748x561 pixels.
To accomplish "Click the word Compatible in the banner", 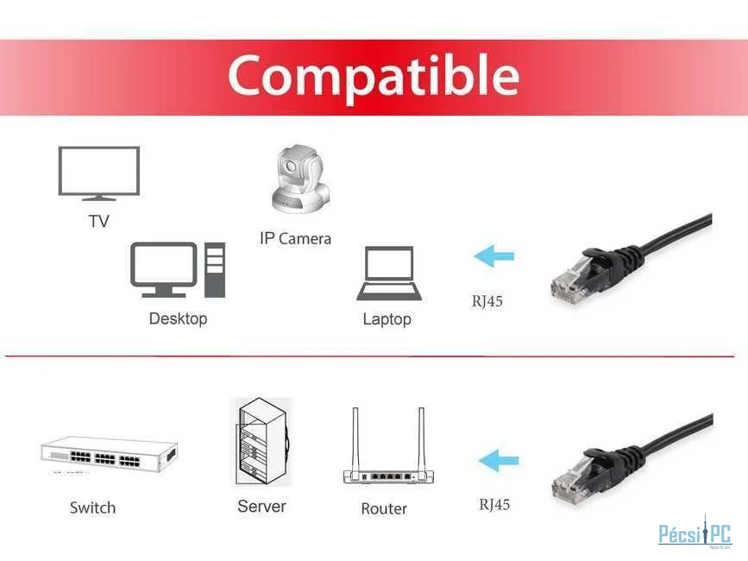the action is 374,76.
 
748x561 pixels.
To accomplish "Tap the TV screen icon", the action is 99,173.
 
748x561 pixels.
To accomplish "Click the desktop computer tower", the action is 215,270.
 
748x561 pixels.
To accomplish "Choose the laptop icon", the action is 389,274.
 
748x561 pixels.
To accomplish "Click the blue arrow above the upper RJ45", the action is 494,255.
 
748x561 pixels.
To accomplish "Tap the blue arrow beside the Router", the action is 499,461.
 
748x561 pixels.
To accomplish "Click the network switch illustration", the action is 110,454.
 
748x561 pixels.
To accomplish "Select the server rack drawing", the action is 261,442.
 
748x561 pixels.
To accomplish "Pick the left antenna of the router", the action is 355,440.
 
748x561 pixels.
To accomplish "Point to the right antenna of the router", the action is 421,440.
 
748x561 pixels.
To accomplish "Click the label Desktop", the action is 178,318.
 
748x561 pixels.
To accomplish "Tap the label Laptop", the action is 387,319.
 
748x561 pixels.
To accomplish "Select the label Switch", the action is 92,507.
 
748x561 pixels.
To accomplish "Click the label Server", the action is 262,506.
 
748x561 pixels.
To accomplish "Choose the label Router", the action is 384,508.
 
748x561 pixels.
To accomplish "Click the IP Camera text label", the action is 295,238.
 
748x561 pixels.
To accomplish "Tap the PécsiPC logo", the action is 695,533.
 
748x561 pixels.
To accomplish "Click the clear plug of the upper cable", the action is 570,282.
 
